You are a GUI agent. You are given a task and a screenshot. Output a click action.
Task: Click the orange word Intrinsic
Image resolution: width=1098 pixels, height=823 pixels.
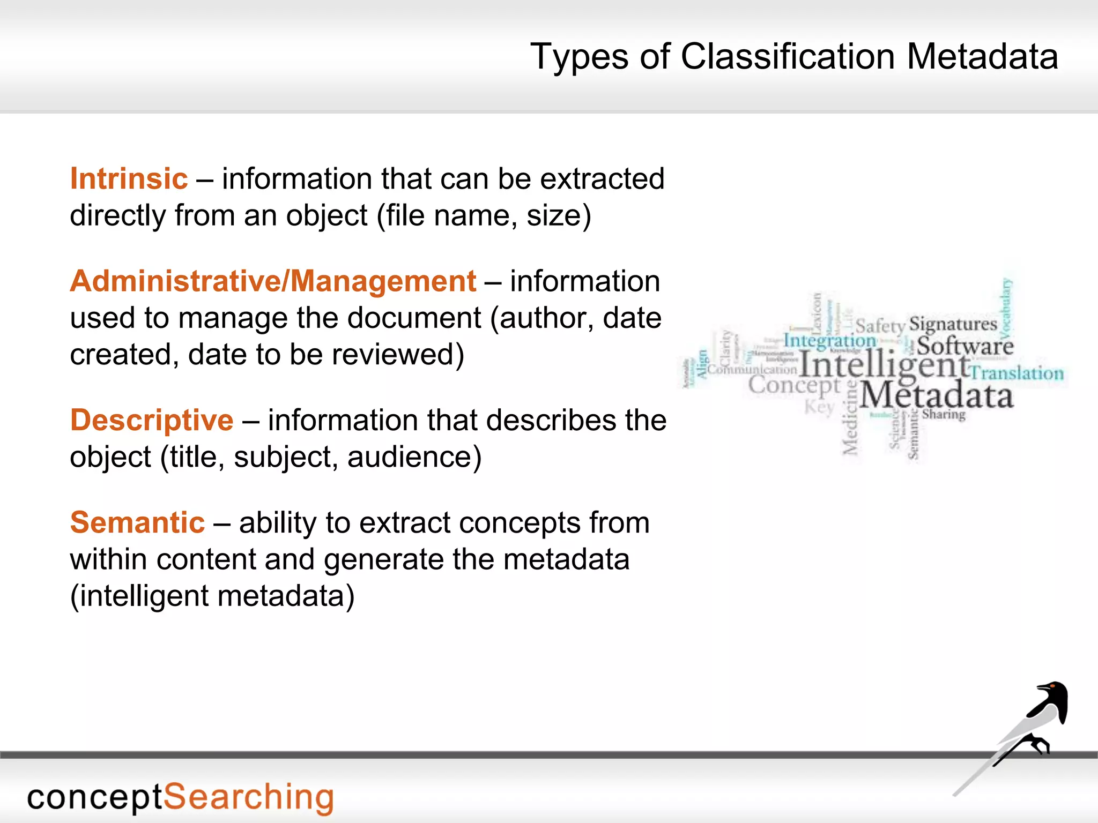[x=129, y=178]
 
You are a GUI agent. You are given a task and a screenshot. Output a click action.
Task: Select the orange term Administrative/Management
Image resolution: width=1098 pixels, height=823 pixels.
[x=273, y=281]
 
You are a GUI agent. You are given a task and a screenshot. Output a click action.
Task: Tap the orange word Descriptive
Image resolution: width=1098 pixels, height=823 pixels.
[x=152, y=420]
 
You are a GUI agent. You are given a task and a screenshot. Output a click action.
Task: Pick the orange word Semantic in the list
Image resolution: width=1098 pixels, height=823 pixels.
[x=137, y=522]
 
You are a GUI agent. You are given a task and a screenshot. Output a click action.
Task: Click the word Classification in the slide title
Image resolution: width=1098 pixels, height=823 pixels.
[x=788, y=56]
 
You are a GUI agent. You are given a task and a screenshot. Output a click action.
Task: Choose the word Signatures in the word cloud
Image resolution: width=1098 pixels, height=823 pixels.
[x=953, y=324]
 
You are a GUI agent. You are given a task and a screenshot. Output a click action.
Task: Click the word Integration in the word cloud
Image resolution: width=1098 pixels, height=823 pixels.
[x=829, y=341]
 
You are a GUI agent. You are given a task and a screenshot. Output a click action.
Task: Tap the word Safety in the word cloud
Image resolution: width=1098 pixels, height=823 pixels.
[x=880, y=326]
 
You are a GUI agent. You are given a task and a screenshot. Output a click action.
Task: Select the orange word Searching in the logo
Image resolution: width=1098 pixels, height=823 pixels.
[x=248, y=797]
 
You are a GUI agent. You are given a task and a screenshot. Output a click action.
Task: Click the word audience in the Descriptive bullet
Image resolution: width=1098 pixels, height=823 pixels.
[x=414, y=457]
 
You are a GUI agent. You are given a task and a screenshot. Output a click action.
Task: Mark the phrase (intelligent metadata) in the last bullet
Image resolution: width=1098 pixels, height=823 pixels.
[x=212, y=596]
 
